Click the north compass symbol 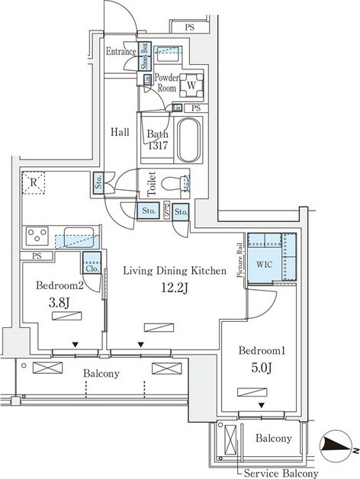[336, 447]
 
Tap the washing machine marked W [191, 85]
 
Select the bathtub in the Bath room [189, 140]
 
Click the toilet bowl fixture [175, 184]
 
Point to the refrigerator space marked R [34, 183]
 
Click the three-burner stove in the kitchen [37, 236]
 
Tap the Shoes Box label [145, 56]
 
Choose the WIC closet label [265, 264]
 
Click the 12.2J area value [175, 288]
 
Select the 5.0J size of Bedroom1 [262, 368]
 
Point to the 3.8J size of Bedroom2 [59, 302]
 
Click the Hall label [120, 132]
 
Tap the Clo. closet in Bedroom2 [92, 262]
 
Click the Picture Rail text [240, 260]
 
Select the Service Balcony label [281, 473]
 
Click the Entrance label [121, 51]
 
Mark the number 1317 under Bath [158, 146]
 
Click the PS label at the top [189, 27]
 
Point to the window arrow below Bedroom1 [262, 405]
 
